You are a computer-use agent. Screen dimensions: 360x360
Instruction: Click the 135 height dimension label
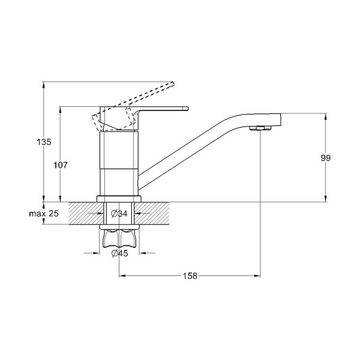coord(44,142)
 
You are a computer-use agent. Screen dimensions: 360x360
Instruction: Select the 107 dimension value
coord(61,165)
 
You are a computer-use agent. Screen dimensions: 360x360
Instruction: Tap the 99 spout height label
coord(326,158)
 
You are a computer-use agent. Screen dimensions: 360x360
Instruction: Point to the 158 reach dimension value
coord(190,275)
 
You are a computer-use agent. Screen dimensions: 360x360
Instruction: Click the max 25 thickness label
coord(44,214)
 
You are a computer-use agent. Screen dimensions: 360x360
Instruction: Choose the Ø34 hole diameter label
coord(119,214)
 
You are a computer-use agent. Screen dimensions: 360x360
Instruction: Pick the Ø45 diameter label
coord(119,253)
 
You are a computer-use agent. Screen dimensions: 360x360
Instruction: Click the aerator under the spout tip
coord(260,128)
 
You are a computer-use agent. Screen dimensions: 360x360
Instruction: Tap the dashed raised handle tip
coord(172,84)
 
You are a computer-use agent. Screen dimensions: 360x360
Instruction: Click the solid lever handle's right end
coord(187,109)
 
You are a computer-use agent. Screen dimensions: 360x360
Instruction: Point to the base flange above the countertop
coord(119,199)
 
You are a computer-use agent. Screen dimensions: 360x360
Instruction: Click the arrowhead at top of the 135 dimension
coord(43,85)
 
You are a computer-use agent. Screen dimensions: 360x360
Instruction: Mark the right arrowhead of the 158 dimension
coord(257,275)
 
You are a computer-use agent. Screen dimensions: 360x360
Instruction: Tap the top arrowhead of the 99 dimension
coord(326,116)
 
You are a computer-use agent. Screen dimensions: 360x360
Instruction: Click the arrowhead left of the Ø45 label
coord(96,253)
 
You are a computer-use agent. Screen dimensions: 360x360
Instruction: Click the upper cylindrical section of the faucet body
coord(119,150)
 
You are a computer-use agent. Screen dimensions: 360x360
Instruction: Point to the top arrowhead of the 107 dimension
coord(61,110)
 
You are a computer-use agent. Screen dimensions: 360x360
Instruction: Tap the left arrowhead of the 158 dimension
coord(122,275)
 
